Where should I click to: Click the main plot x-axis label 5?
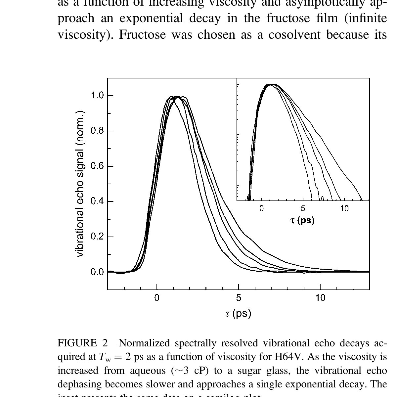(x=239, y=298)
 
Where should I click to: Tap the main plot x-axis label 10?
(x=320, y=298)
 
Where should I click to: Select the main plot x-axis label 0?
(x=157, y=298)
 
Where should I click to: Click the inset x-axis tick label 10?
(x=344, y=208)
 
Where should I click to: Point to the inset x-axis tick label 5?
(x=303, y=208)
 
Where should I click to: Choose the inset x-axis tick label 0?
(x=261, y=208)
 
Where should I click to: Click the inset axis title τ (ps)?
(x=302, y=220)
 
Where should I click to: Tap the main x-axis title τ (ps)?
(x=239, y=313)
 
